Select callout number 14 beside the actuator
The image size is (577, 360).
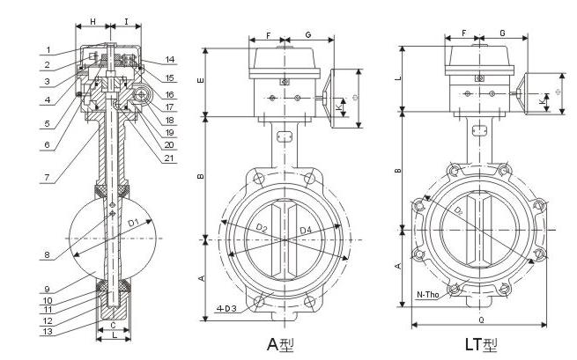pos(170,60)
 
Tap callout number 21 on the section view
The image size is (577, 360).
pos(170,158)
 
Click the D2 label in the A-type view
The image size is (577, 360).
pos(261,229)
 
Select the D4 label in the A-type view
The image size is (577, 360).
pos(305,230)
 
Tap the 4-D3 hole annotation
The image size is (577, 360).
pos(227,310)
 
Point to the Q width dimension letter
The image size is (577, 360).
pos(481,334)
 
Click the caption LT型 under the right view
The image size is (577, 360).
pos(483,344)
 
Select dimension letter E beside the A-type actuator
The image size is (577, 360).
pos(200,81)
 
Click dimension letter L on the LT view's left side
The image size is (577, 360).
pos(398,79)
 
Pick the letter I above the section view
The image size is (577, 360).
pos(128,18)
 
